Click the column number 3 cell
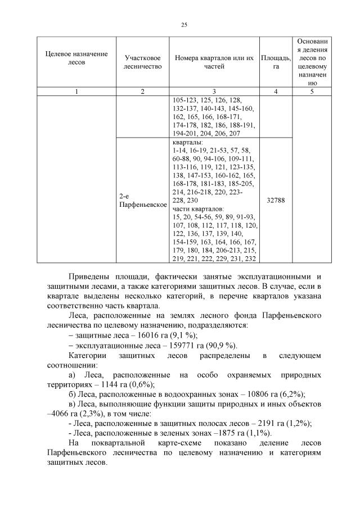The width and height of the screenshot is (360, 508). point(214,92)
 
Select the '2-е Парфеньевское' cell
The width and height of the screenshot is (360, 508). point(142,201)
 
